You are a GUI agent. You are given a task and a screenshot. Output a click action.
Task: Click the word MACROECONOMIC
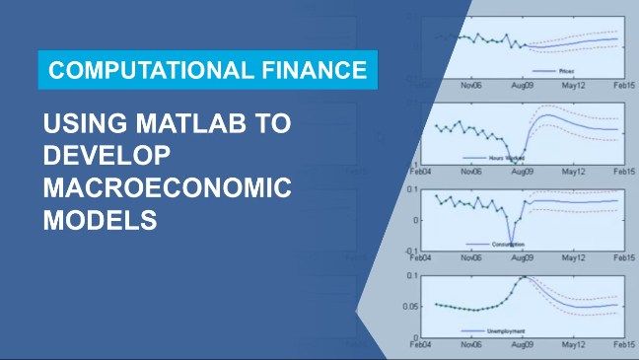(x=167, y=189)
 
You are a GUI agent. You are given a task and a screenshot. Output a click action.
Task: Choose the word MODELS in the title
(x=100, y=221)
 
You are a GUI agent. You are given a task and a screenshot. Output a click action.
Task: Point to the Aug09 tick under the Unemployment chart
(x=524, y=346)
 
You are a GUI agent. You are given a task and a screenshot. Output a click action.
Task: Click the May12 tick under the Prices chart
(x=574, y=86)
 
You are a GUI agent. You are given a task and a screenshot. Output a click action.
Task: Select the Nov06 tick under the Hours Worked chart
(x=471, y=172)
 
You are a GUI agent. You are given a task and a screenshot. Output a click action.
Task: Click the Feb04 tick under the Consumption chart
(x=421, y=258)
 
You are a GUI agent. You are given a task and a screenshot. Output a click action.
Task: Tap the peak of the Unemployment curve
(x=524, y=277)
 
